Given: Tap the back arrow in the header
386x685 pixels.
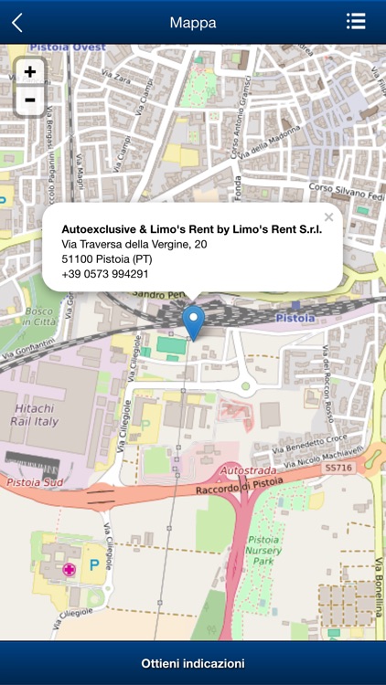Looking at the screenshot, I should tap(17, 23).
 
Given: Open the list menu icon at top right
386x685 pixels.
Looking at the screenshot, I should tap(356, 22).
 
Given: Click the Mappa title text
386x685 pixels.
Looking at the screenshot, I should tap(193, 23).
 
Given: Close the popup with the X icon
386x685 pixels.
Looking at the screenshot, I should tap(329, 216).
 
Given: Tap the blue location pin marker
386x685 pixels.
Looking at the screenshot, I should tap(193, 321).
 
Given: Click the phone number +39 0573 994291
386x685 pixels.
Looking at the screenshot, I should tap(104, 274).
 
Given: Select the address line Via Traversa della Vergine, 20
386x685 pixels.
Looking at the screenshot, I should tap(134, 245).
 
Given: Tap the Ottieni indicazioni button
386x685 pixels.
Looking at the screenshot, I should tap(193, 663).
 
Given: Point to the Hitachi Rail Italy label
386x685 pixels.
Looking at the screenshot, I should tap(34, 416).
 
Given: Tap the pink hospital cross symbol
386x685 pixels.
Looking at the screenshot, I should tap(69, 570).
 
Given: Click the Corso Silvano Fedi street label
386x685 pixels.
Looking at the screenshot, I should tap(346, 191).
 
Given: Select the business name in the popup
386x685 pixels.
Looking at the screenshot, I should tap(191, 230).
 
